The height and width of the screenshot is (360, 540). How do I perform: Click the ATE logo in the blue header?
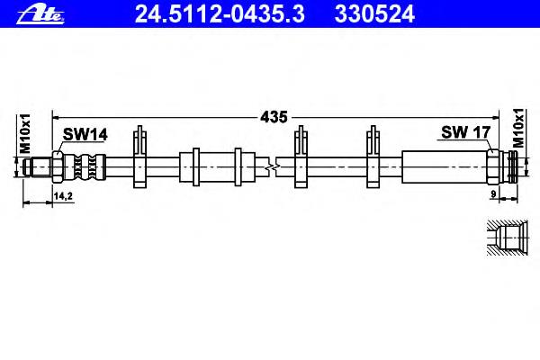point(40,14)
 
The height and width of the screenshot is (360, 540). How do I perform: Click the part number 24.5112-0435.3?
point(220,14)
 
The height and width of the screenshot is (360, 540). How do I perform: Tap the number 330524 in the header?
point(374,14)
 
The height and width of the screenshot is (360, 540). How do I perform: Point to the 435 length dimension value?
point(274,117)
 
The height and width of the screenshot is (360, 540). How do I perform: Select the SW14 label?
point(85,134)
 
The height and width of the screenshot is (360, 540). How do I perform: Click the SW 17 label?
point(465,132)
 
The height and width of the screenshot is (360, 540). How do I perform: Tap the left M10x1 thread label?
point(25,134)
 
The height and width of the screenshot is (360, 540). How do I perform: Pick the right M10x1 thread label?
point(518,128)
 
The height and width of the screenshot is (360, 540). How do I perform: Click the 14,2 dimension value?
point(63,196)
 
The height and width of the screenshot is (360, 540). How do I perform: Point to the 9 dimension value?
point(493,194)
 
